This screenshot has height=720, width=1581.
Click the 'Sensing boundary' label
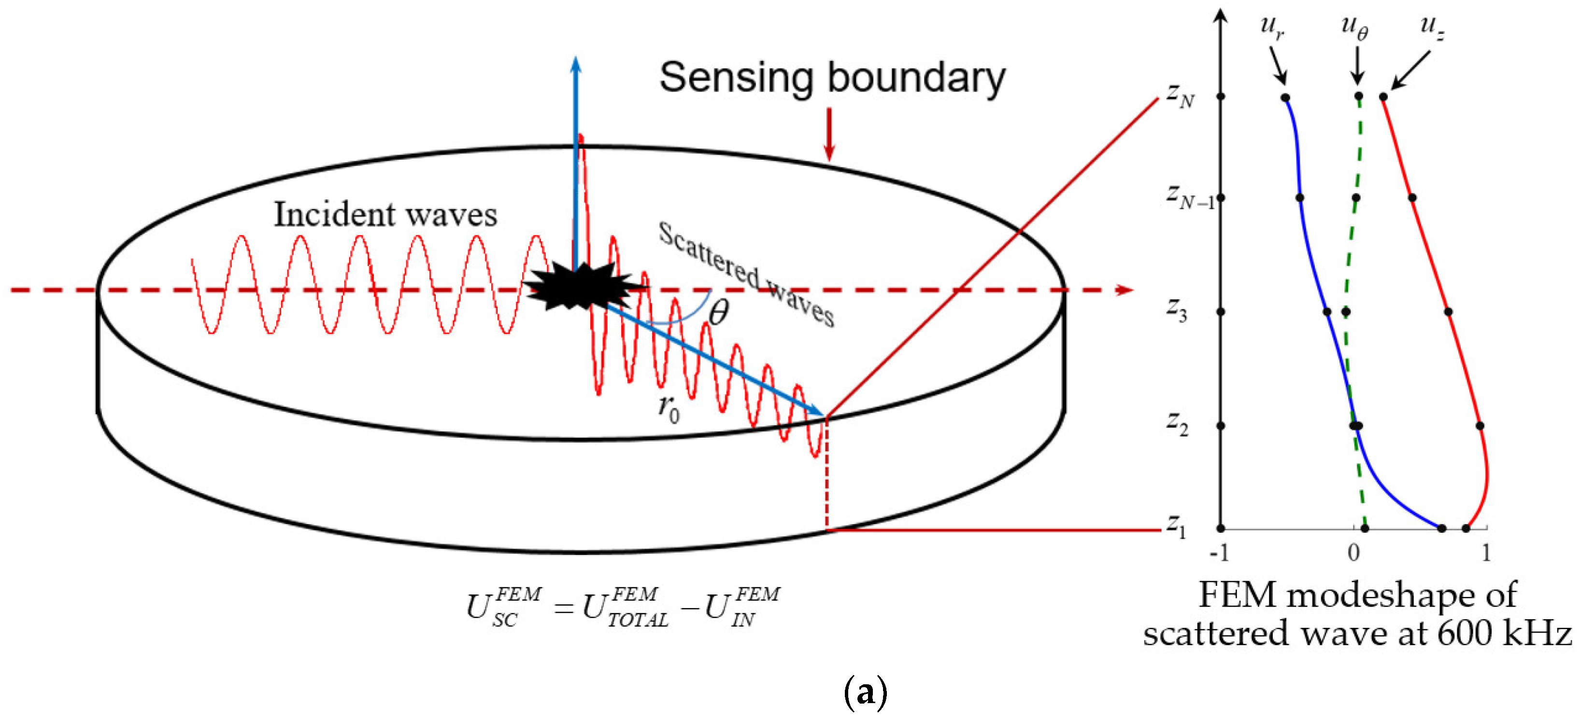click(x=832, y=78)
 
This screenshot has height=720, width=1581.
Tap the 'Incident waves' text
click(x=385, y=215)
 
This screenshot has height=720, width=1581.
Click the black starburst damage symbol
click(x=580, y=287)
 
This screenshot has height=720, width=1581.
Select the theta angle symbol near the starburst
click(x=718, y=313)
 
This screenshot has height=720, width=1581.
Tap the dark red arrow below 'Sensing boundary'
click(x=829, y=135)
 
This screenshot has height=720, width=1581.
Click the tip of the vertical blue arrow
click(x=576, y=60)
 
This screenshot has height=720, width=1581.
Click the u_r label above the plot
click(x=1272, y=28)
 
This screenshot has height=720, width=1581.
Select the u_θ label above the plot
click(x=1354, y=28)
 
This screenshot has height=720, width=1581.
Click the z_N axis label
click(x=1180, y=97)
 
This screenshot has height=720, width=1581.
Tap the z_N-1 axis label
click(x=1189, y=197)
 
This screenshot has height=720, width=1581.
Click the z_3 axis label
click(x=1177, y=311)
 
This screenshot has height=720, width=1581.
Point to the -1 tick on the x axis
click(x=1220, y=553)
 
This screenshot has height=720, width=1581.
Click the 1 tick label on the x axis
click(x=1486, y=553)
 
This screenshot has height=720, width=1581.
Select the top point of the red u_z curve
click(x=1383, y=97)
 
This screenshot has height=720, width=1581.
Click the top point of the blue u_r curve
click(x=1285, y=97)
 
